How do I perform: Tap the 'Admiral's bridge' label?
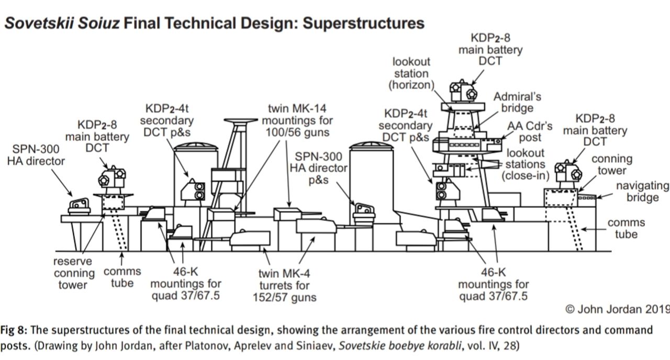517,102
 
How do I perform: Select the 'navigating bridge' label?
642,192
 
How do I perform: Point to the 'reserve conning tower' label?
74,273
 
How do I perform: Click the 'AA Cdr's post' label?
530,132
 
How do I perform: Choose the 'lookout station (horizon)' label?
411,74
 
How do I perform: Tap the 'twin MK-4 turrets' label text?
283,286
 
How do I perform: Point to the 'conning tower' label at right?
611,164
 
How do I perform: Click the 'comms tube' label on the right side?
626,228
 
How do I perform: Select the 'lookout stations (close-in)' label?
525,164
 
